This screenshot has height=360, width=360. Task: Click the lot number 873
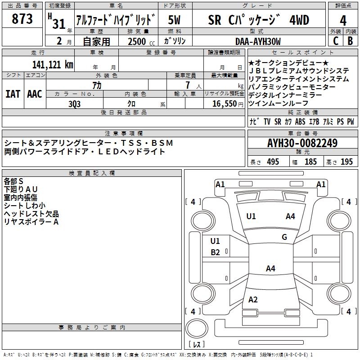[x=22, y=18]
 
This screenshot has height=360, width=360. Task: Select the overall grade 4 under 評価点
[x=343, y=21]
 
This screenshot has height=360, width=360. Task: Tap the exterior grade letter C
[x=336, y=41]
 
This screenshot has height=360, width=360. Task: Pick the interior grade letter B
[x=350, y=41]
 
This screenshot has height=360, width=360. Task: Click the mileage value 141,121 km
[x=53, y=65]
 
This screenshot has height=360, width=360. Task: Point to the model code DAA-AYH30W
[x=258, y=41]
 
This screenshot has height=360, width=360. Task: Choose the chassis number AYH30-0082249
[x=302, y=143]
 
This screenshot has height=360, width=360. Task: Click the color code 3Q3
[x=74, y=104]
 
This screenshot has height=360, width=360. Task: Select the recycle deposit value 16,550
[x=224, y=104]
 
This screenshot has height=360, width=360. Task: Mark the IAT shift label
[x=13, y=94]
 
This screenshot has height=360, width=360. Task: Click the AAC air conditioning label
[x=35, y=94]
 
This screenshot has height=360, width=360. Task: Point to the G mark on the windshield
[x=284, y=237]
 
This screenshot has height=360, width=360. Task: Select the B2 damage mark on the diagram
[x=215, y=252]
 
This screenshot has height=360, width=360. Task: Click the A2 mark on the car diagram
[x=253, y=299]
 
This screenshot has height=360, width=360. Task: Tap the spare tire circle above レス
[x=197, y=328]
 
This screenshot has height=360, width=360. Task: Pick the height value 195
[x=346, y=162]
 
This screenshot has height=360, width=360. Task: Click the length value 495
[x=273, y=162]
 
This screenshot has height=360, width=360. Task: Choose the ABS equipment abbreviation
[x=300, y=121]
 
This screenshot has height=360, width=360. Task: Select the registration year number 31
[x=59, y=24]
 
